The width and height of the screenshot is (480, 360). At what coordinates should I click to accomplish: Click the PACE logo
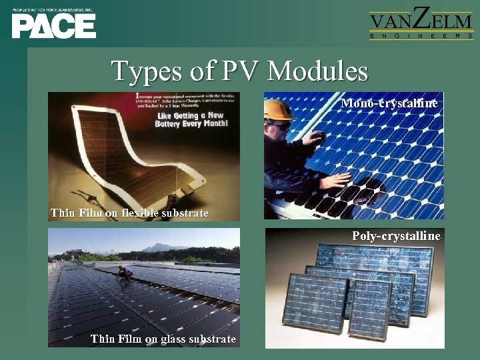pyautogui.click(x=53, y=25)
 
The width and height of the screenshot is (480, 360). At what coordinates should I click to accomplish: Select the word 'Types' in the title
pyautogui.click(x=142, y=71)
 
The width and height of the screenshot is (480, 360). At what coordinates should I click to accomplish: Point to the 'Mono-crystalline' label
pyautogui.click(x=389, y=103)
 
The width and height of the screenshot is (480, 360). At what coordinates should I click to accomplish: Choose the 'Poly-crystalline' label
pyautogui.click(x=396, y=236)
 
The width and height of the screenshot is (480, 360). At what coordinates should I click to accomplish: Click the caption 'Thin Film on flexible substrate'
pyautogui.click(x=129, y=213)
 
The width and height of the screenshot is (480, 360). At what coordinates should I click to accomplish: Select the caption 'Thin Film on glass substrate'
pyautogui.click(x=163, y=339)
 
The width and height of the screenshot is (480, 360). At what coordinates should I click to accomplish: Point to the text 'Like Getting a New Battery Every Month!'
pyautogui.click(x=191, y=119)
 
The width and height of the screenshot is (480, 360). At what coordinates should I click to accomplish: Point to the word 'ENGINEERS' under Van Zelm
pyautogui.click(x=421, y=35)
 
